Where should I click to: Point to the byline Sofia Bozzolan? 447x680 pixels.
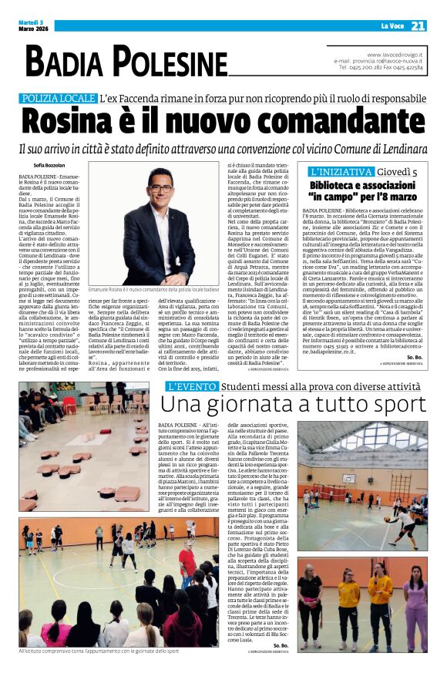(50, 165)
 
